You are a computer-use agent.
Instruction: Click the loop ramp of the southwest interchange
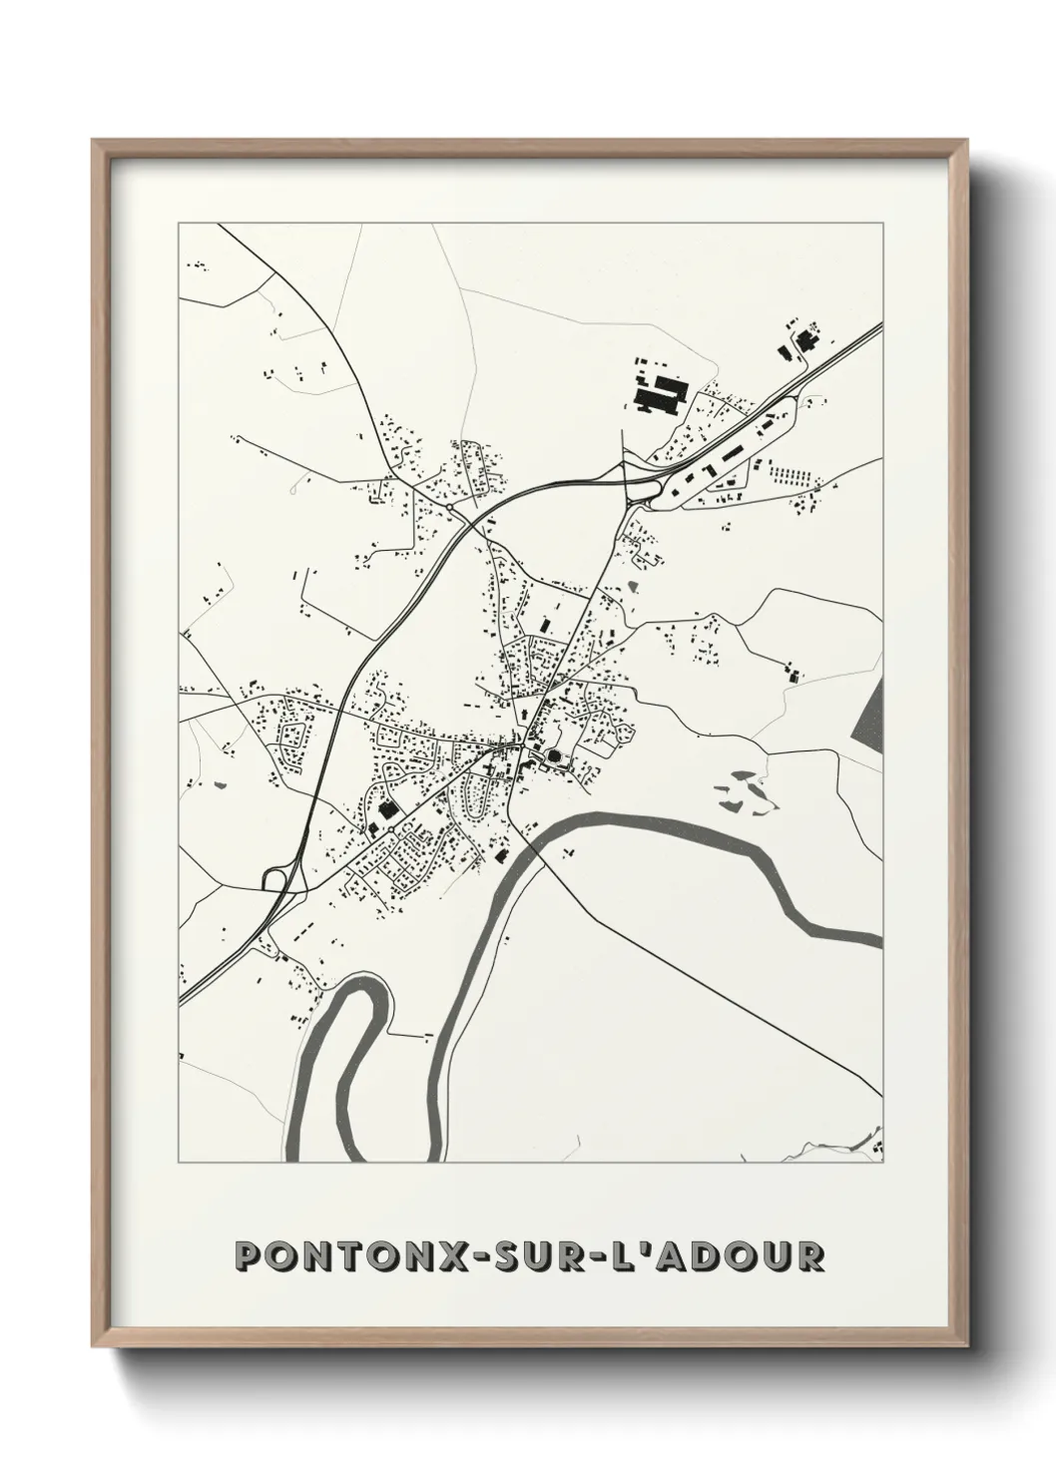(x=273, y=878)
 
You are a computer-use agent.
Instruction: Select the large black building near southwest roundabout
(x=385, y=808)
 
